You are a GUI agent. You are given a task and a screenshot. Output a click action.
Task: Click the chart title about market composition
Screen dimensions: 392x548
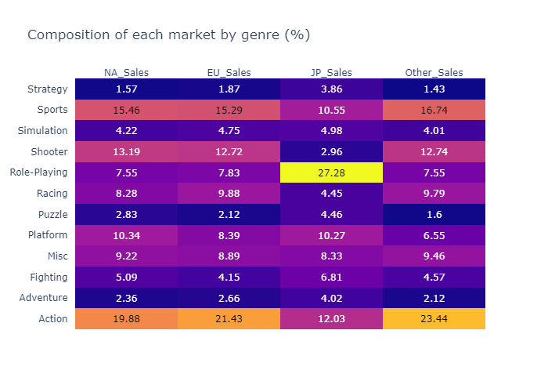click(x=168, y=35)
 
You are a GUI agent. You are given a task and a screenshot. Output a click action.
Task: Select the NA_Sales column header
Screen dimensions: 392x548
click(x=126, y=73)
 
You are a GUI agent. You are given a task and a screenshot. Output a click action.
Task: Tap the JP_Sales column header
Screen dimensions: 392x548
click(x=331, y=73)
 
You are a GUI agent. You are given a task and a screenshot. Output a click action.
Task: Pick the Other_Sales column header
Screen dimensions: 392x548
click(x=434, y=73)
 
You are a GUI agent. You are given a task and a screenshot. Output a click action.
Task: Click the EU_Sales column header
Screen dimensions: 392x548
click(x=229, y=73)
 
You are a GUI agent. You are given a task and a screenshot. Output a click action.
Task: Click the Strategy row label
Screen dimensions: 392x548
click(x=47, y=89)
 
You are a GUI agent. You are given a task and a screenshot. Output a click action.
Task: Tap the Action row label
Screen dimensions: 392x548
click(x=52, y=318)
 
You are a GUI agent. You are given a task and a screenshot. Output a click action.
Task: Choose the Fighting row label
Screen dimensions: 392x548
click(x=49, y=277)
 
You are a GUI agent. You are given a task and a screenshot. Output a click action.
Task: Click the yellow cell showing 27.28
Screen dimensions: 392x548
click(x=331, y=172)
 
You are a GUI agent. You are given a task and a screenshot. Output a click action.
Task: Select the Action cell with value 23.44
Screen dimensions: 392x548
click(x=434, y=318)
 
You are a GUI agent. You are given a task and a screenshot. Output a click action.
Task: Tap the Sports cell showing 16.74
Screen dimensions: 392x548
click(x=434, y=110)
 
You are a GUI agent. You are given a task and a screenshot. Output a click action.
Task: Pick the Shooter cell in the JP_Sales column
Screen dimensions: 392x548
click(x=331, y=151)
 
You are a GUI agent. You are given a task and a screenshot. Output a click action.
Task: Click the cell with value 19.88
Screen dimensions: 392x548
click(x=126, y=318)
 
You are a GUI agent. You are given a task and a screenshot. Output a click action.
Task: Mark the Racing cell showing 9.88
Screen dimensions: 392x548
click(x=229, y=193)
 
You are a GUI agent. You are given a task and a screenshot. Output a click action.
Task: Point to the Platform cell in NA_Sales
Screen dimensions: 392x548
click(x=126, y=235)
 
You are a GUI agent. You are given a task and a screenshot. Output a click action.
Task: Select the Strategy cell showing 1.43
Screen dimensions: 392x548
click(x=434, y=89)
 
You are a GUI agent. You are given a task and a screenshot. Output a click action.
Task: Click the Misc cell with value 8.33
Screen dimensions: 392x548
click(x=331, y=256)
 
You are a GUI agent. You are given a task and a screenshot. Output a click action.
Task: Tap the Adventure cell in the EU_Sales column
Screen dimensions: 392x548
click(x=229, y=298)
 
